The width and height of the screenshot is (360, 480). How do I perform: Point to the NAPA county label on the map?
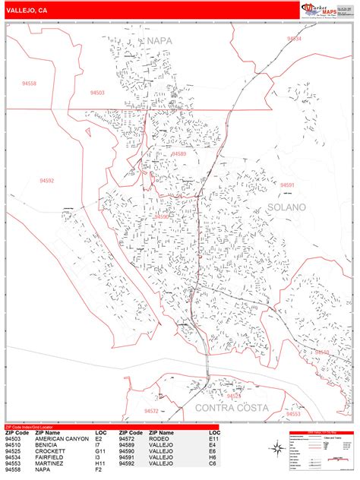pos(159,39)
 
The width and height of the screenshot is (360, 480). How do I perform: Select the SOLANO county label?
pos(286,207)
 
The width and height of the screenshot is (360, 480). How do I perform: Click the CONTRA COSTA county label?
pos(232,408)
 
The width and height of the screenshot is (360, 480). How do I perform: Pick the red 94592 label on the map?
pos(47,181)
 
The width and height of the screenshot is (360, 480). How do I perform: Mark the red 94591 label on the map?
pos(287,185)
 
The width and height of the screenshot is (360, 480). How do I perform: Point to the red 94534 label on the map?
pos(294,38)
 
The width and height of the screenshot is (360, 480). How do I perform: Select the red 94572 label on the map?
pos(151,410)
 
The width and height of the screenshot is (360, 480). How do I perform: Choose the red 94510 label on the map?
pos(323,352)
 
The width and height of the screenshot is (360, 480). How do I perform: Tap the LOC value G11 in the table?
pos(100,450)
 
